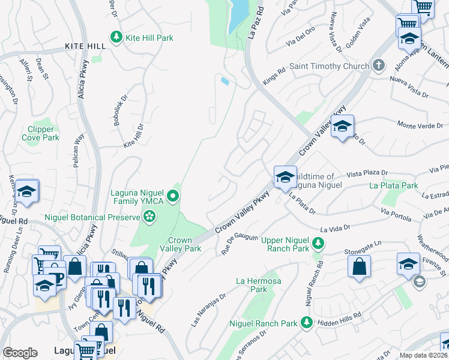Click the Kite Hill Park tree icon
coord(116,38)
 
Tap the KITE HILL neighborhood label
coord(85,46)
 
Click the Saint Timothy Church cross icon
coord(378,65)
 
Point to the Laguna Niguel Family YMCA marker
coord(173,196)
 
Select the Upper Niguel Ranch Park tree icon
coord(319,243)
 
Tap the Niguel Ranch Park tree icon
coord(306,323)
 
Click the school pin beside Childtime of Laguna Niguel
coord(285,177)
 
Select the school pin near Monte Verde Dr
coord(342,127)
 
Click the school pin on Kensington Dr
coord(26,191)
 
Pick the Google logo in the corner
coord(20,353)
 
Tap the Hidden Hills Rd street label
coord(340,315)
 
